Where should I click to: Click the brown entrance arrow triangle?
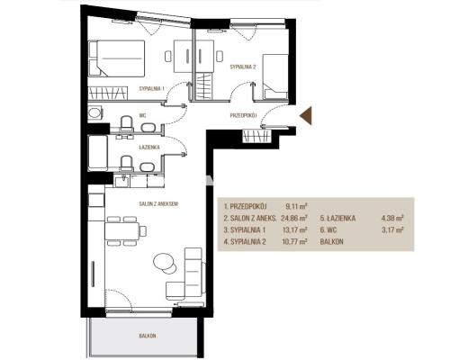[x=307, y=116]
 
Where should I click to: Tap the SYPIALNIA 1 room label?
[x=152, y=88]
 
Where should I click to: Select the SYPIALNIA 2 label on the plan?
[x=243, y=67]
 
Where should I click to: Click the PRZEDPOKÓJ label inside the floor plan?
[x=243, y=115]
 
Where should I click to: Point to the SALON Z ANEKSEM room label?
[x=158, y=204]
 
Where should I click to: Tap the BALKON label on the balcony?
[x=148, y=336]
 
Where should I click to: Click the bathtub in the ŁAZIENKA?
[x=97, y=153]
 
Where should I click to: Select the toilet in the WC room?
[x=127, y=123]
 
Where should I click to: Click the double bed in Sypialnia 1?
[x=117, y=58]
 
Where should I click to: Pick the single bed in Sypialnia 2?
[x=275, y=76]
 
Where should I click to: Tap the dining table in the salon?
[x=121, y=230]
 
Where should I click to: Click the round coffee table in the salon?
[x=164, y=262]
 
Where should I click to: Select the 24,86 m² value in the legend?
[x=294, y=219]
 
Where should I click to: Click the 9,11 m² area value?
[x=296, y=206]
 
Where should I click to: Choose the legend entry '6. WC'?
[x=328, y=230]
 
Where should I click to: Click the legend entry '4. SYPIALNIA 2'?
[x=245, y=242]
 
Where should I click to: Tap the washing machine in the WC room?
[x=95, y=113]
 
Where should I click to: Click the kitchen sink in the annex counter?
[x=121, y=181]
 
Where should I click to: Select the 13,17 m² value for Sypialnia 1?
[x=294, y=230]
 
